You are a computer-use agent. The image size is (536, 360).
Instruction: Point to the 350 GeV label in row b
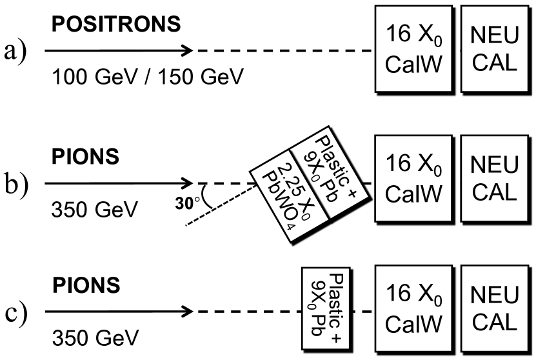(86, 210)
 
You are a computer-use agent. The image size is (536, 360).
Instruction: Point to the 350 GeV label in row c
(86, 337)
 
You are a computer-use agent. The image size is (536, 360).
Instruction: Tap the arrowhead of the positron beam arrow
(187, 50)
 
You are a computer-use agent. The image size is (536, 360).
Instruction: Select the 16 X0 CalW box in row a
(412, 49)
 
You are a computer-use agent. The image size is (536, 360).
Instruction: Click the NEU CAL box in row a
(494, 49)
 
